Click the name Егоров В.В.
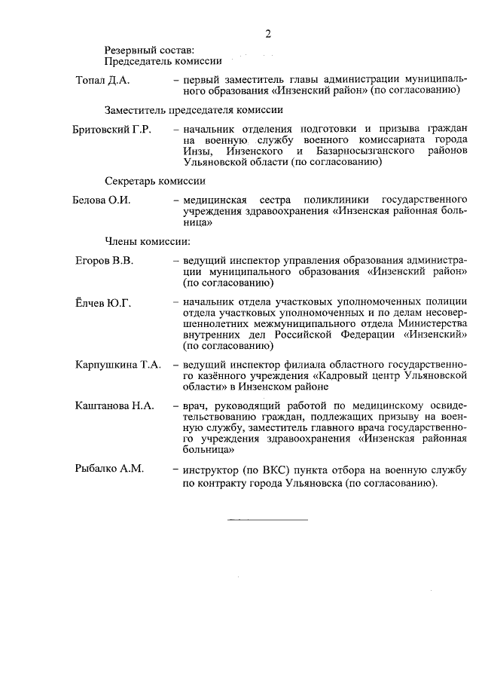pos(104,261)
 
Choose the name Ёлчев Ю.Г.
pos(103,304)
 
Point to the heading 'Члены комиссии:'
pos(146,241)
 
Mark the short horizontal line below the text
pos(267,520)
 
